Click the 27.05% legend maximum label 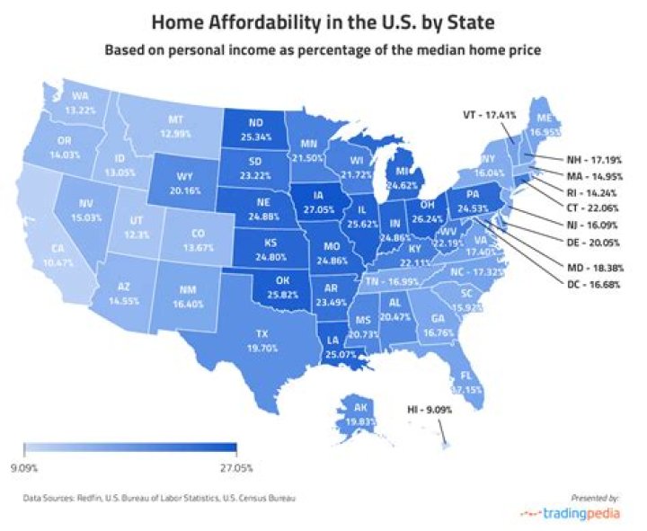click(235, 467)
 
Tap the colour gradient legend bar click(129, 448)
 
